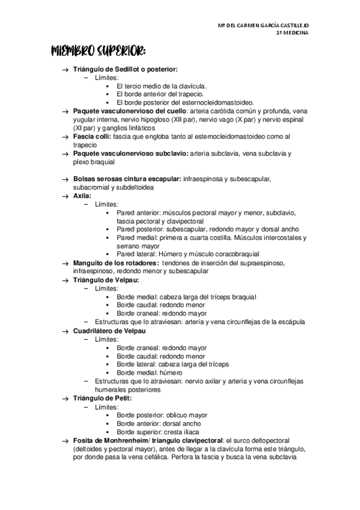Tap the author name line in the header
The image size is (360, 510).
[x=264, y=25]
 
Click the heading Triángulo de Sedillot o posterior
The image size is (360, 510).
[x=124, y=70]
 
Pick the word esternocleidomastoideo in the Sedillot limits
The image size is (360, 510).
[x=218, y=103]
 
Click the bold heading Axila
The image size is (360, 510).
[x=82, y=195]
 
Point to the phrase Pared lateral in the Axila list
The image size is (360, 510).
[x=137, y=254]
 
